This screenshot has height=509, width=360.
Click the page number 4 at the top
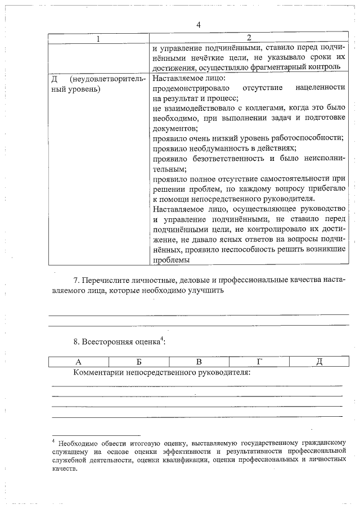click(198, 25)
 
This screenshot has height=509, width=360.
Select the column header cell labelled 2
click(249, 38)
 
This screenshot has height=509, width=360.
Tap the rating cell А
click(78, 361)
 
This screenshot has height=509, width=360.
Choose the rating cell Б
click(138, 361)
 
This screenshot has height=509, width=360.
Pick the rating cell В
click(199, 361)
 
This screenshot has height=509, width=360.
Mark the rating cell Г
click(259, 361)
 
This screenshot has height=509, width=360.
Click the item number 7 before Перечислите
click(76, 280)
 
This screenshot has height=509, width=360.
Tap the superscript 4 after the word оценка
click(162, 338)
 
